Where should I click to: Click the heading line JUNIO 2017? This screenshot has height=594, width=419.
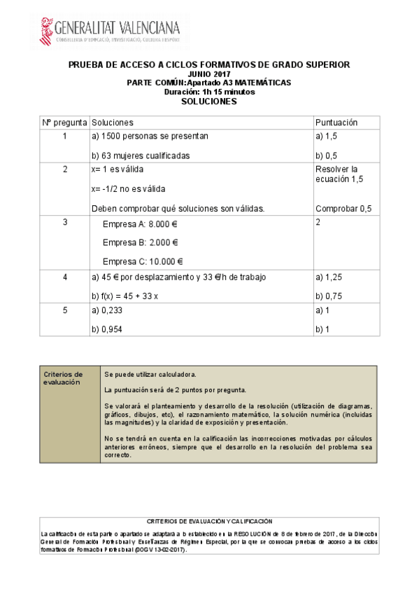[209, 74]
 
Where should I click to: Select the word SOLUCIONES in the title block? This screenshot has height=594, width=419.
[209, 101]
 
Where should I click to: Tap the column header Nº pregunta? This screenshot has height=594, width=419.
[64, 123]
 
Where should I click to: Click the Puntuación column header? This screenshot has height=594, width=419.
[336, 123]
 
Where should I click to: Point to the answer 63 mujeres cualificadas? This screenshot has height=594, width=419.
[141, 156]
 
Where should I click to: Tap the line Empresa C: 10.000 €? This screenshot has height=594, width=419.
[143, 262]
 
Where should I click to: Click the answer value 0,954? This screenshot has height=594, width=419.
[111, 329]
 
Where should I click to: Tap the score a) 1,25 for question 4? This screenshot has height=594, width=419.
[329, 277]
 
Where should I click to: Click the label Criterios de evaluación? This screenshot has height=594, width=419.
[64, 378]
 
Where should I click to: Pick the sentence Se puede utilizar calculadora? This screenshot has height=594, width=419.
[150, 374]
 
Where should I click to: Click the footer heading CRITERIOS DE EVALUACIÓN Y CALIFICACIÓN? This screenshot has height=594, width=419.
[209, 522]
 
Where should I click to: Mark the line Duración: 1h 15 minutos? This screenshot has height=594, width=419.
[209, 92]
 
